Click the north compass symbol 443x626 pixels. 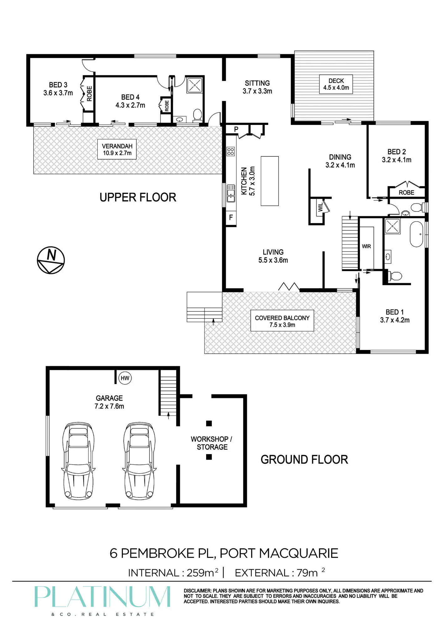51,260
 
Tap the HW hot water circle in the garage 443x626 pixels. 125,378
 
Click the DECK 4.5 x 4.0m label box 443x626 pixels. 336,84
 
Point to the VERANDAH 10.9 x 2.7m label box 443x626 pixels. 117,149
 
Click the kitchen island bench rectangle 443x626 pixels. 270,181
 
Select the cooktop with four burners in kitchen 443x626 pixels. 231,151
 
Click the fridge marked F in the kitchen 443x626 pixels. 231,218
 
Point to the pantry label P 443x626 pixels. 236,129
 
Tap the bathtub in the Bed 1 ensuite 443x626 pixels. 417,234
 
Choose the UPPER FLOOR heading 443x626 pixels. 138,198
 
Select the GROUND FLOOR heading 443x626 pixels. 304,459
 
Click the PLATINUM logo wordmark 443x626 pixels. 102,597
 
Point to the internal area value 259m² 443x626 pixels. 202,572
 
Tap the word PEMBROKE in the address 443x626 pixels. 158,553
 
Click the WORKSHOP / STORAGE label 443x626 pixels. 212,443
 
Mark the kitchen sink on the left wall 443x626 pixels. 231,193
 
